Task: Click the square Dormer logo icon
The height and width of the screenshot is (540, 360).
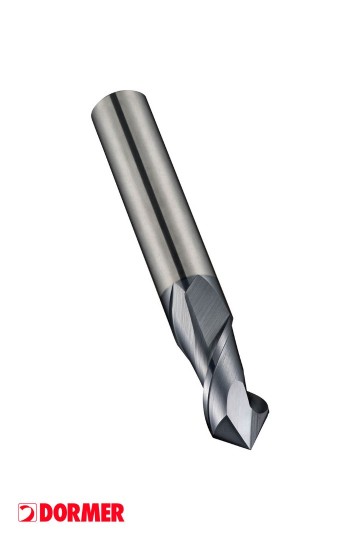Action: [x=27, y=513]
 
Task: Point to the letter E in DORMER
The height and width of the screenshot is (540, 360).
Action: [x=106, y=513]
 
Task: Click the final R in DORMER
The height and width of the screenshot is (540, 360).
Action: [x=118, y=513]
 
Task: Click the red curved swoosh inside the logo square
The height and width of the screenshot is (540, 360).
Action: [x=28, y=513]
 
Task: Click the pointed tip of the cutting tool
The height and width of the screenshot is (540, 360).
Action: [x=250, y=449]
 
